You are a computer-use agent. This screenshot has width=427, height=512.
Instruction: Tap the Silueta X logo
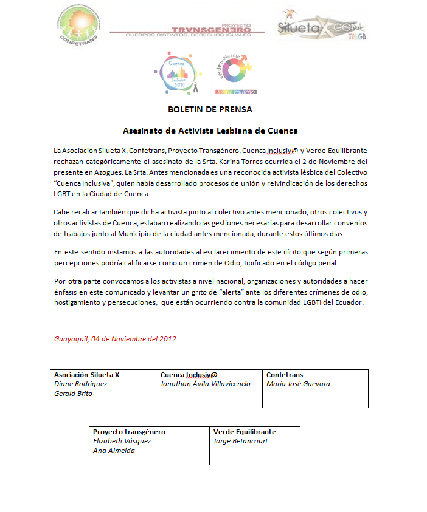point(321,25)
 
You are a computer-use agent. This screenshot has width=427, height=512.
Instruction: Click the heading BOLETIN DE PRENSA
point(210,110)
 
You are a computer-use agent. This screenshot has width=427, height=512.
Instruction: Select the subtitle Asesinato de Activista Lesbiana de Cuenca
point(210,131)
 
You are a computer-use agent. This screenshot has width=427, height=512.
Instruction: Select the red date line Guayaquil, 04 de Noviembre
point(116,338)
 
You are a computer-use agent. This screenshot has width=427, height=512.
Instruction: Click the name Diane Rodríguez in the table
point(80,384)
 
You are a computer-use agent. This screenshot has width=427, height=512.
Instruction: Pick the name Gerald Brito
point(73,394)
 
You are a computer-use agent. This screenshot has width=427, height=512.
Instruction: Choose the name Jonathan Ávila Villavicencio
point(205,384)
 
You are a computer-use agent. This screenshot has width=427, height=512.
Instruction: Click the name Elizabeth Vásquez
point(122,441)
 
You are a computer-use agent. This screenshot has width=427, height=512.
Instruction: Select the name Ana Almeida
point(113,451)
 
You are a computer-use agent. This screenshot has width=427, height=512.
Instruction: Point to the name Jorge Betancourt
point(241,441)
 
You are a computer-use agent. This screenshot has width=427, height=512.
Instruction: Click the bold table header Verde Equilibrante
point(245,432)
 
